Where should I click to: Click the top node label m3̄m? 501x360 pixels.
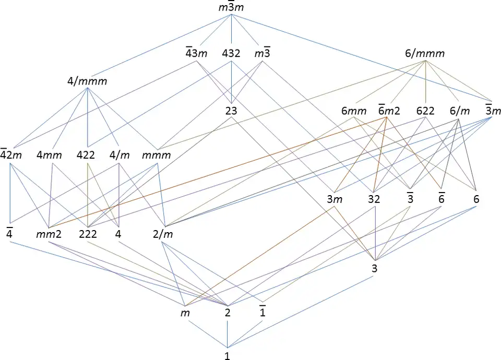231,8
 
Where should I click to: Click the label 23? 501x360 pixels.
231,111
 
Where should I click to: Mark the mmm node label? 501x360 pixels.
157,155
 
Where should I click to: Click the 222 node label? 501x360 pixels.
88,233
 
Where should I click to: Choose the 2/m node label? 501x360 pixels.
163,233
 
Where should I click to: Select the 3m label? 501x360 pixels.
335,199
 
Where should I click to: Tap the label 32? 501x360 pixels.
374,199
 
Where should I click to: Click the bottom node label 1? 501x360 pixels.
227,356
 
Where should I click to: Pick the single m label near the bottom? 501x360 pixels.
183,313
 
